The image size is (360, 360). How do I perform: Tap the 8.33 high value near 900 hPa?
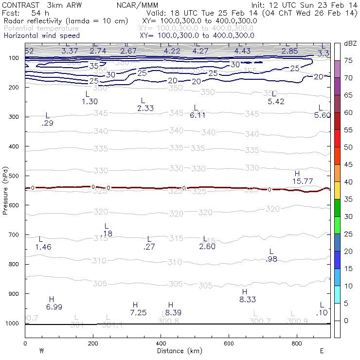click(x=248, y=300)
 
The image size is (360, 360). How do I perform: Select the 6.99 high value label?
click(x=54, y=307)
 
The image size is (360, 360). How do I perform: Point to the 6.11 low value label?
click(x=198, y=115)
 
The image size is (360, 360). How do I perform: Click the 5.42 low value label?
click(x=276, y=102)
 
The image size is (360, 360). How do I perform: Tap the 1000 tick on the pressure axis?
click(x=12, y=324)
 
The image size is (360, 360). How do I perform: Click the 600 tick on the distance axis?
click(x=229, y=343)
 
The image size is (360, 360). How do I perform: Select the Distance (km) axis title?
click(x=174, y=351)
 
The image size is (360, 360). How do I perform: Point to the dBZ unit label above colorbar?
click(x=350, y=43)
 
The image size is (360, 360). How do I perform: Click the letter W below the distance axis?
click(x=42, y=351)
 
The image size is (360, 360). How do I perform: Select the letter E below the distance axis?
click(x=322, y=351)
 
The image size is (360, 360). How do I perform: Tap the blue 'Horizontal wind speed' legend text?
click(x=41, y=36)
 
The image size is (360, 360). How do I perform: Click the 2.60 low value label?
click(x=207, y=247)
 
